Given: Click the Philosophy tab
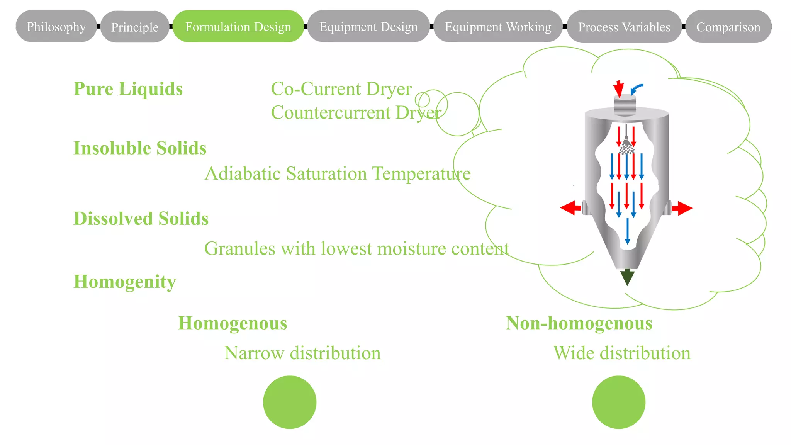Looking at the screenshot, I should [56, 27].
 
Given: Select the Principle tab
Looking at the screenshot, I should [135, 27].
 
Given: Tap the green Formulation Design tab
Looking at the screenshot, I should [238, 27].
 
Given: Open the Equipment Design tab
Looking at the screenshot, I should [368, 27].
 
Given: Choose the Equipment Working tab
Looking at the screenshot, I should [498, 27].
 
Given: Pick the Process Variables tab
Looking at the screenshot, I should [624, 27].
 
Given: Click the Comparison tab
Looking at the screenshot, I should [728, 27].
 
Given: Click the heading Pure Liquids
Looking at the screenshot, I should [128, 89].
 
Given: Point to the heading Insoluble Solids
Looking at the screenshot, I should [140, 148].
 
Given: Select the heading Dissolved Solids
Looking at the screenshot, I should [141, 219].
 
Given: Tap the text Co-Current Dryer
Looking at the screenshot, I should [341, 89].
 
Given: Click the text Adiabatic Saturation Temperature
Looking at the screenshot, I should [338, 173].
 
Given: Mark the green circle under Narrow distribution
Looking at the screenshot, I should [290, 402].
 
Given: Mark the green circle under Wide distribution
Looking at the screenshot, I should [618, 402].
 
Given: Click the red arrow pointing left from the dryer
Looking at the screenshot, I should [570, 208].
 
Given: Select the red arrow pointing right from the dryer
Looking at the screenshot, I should [682, 208].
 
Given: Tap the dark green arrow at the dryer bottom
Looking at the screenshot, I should [627, 277].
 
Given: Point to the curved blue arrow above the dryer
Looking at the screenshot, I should [637, 88].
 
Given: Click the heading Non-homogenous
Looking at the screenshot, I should [579, 323].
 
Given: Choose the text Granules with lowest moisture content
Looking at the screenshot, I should [356, 248].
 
